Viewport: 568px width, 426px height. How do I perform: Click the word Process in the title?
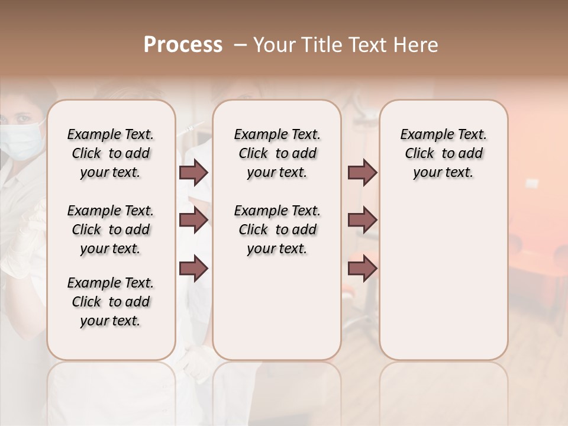click(183, 45)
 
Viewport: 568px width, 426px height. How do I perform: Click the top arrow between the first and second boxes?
click(193, 173)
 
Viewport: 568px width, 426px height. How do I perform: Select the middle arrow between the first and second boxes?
click(193, 220)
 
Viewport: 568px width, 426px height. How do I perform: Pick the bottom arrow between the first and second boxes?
click(193, 269)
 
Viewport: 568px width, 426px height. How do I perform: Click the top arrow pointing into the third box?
click(362, 173)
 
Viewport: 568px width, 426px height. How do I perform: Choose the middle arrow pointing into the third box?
click(362, 220)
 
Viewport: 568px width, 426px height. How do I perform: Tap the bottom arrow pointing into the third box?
click(362, 269)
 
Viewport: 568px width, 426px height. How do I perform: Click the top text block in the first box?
click(111, 153)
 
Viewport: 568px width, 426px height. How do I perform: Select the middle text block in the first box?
click(111, 230)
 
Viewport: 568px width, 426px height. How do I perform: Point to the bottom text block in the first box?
click(111, 302)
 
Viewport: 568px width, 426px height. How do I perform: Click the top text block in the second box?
click(277, 153)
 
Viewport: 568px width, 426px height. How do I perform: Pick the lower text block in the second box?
click(277, 230)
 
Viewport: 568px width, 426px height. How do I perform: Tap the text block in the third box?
click(444, 153)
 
